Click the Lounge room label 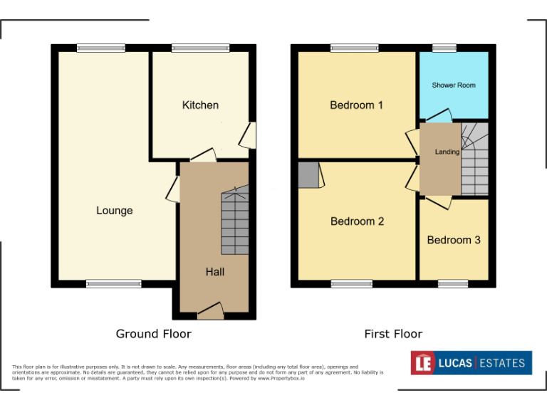click(x=114, y=211)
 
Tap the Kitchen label click(x=200, y=105)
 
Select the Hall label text click(x=214, y=272)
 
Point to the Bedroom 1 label click(x=356, y=105)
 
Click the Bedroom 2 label click(x=357, y=221)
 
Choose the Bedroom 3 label click(x=453, y=240)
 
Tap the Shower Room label click(x=453, y=85)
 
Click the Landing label click(x=447, y=152)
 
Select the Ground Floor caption click(x=153, y=333)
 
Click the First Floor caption click(x=393, y=333)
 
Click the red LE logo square click(x=423, y=363)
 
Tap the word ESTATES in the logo click(x=501, y=363)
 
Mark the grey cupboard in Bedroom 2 click(x=308, y=175)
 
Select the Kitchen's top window click(x=200, y=48)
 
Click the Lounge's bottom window click(x=114, y=284)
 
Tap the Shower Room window click(x=444, y=48)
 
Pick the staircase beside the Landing click(x=474, y=160)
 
